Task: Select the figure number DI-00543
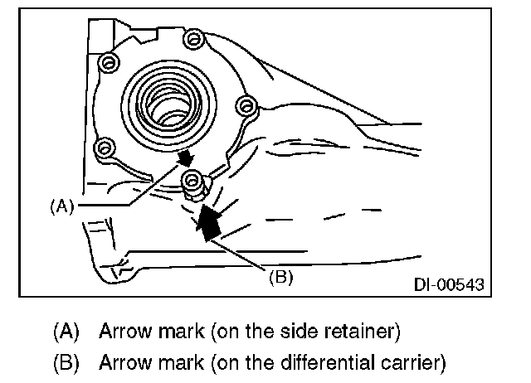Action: coord(449,284)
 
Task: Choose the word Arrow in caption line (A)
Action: coord(124,332)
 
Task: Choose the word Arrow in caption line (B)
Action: coord(124,362)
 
